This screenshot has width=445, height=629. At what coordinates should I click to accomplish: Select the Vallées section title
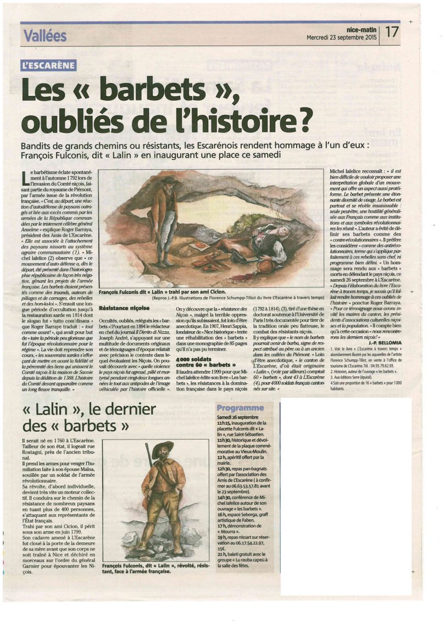[x=44, y=36]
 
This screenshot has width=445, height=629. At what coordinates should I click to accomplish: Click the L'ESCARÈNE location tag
[x=48, y=68]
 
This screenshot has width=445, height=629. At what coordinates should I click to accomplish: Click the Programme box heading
[x=240, y=408]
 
